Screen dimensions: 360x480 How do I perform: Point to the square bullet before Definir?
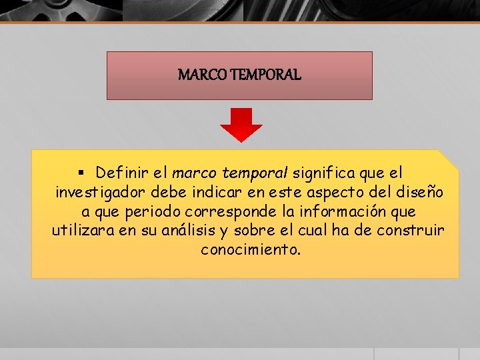[81, 173]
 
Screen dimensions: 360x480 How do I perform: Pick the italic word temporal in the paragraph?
[255, 173]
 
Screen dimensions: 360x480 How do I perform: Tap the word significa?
[325, 173]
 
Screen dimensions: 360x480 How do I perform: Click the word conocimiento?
[251, 250]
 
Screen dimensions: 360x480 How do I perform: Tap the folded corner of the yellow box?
[449, 159]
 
